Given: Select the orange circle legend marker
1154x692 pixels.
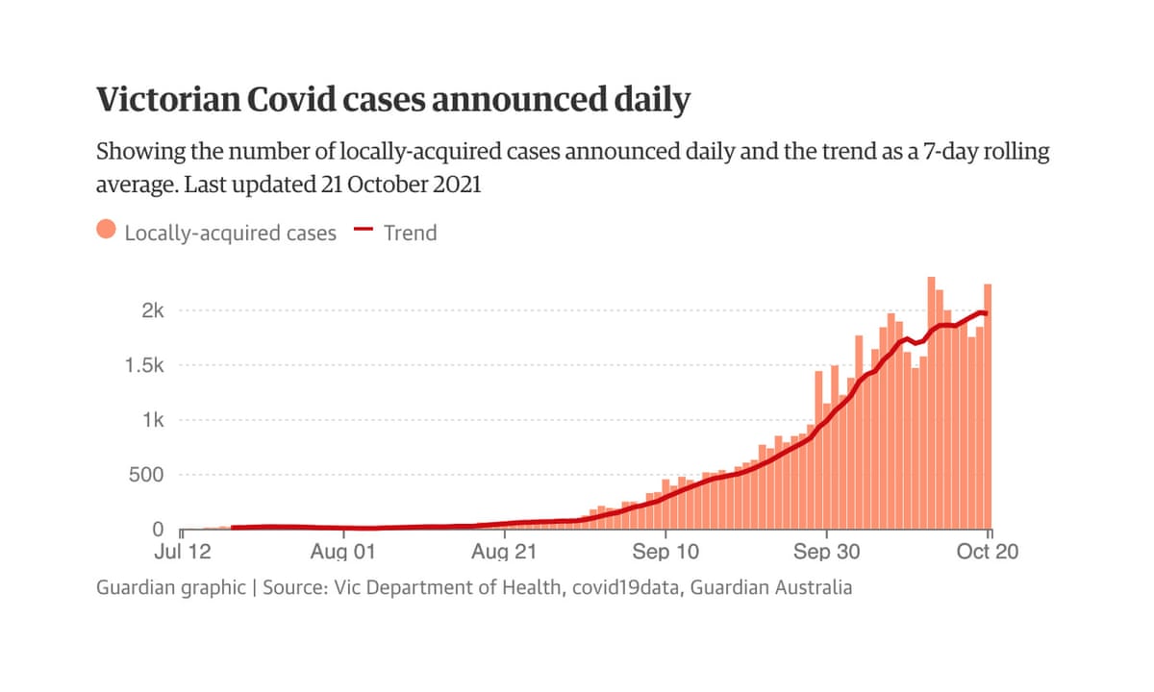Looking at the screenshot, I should (107, 231).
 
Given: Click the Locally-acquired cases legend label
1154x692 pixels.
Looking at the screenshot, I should (231, 233).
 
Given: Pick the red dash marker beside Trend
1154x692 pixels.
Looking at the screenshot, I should (364, 231).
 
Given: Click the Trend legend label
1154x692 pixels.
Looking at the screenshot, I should (410, 233).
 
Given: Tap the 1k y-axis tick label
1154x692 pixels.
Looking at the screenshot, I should (153, 420).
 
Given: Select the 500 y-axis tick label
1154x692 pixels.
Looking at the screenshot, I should (147, 475).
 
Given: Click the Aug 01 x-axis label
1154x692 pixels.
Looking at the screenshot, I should (343, 553).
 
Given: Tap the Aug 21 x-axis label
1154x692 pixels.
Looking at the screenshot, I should (503, 553).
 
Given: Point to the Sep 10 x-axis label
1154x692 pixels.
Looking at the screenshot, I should (665, 553).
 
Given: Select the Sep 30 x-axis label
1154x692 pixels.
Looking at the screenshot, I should (825, 553).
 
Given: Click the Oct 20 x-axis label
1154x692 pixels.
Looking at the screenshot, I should (987, 553).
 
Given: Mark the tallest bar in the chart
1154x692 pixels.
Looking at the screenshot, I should (931, 404).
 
